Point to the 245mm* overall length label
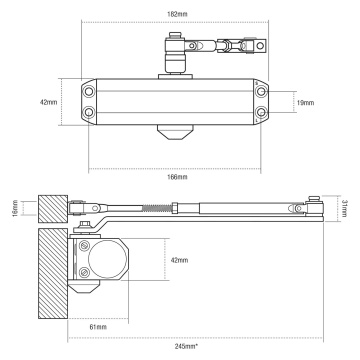click(181, 346)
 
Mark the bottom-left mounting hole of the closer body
click(92, 116)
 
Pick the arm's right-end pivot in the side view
click(315, 208)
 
